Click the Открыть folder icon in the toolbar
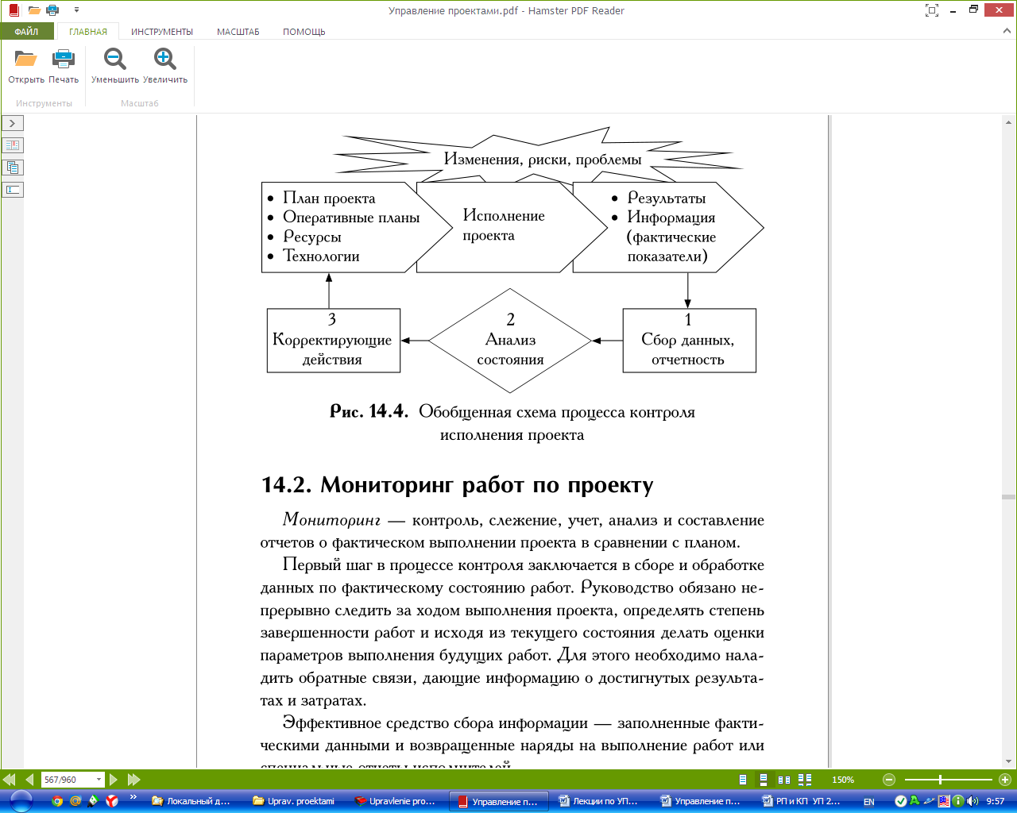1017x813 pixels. (x=26, y=60)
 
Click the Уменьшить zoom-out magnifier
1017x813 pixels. (x=115, y=60)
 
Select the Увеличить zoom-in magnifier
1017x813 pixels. (x=165, y=60)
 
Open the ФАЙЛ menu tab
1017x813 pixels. (x=26, y=32)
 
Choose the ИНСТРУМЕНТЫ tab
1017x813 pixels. (x=162, y=32)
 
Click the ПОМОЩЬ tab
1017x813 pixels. (x=304, y=32)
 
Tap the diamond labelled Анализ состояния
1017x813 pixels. (x=510, y=341)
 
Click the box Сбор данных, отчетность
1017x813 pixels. (x=689, y=341)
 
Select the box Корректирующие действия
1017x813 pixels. (x=333, y=341)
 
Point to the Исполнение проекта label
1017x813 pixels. (x=504, y=225)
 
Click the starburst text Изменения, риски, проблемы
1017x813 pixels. (x=543, y=159)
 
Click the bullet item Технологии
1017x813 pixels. (x=321, y=256)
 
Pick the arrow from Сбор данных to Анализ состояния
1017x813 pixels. (x=608, y=341)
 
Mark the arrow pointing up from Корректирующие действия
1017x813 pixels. (x=329, y=291)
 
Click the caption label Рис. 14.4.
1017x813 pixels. (x=369, y=411)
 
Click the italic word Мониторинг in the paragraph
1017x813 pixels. (x=331, y=520)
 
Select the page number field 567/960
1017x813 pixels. (x=70, y=780)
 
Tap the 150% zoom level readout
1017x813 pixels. (x=843, y=780)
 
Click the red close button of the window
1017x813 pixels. (x=999, y=10)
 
